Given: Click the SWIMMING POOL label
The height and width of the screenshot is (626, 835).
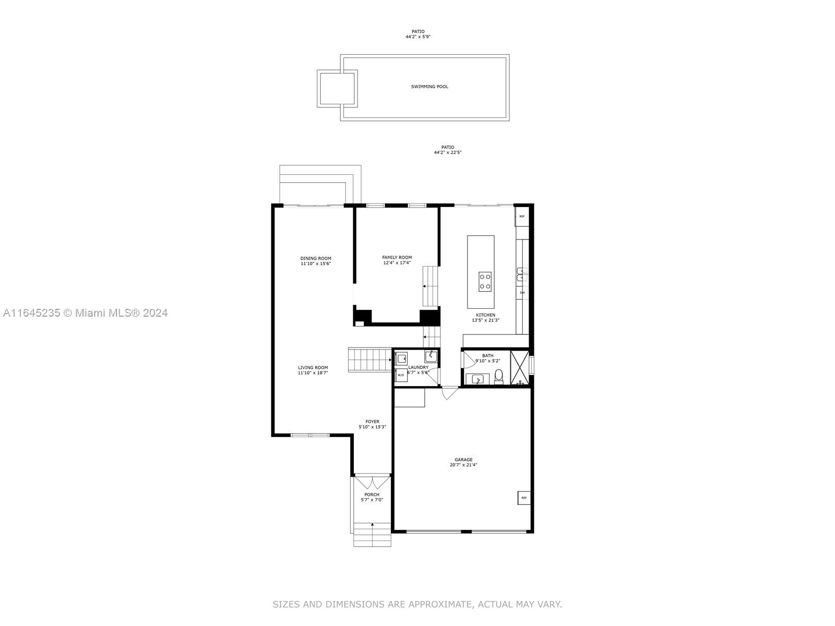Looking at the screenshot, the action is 430,87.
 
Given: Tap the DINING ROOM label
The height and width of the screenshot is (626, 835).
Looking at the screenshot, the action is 316,258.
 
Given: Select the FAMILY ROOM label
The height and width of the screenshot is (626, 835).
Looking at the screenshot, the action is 397,257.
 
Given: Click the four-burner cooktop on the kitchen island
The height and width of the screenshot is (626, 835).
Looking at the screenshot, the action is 485,282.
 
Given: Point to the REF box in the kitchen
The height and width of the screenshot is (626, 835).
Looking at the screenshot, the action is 522,216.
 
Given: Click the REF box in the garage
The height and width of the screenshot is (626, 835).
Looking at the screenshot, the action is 524,498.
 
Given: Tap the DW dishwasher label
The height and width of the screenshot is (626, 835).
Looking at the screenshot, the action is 522,293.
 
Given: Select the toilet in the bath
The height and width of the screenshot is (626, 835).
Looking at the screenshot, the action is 499,376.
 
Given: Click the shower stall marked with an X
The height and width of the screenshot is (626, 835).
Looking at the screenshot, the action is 519,368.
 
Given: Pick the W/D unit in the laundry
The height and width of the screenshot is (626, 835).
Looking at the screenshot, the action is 401,375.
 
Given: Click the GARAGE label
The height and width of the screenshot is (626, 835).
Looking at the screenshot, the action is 463,460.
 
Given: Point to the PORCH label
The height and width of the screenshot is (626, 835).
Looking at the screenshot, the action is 372,495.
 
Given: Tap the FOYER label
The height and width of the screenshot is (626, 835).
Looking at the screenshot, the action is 373,422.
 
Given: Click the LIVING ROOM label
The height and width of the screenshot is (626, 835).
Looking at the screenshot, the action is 313,368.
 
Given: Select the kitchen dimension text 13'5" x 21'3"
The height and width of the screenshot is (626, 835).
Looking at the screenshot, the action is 485,320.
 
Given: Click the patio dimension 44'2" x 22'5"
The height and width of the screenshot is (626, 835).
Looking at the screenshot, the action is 448,152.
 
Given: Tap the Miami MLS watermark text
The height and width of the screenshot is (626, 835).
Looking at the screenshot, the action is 85,313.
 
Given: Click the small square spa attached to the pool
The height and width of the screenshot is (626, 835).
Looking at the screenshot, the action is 337,89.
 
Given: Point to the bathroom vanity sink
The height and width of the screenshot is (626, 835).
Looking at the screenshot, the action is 478,379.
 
